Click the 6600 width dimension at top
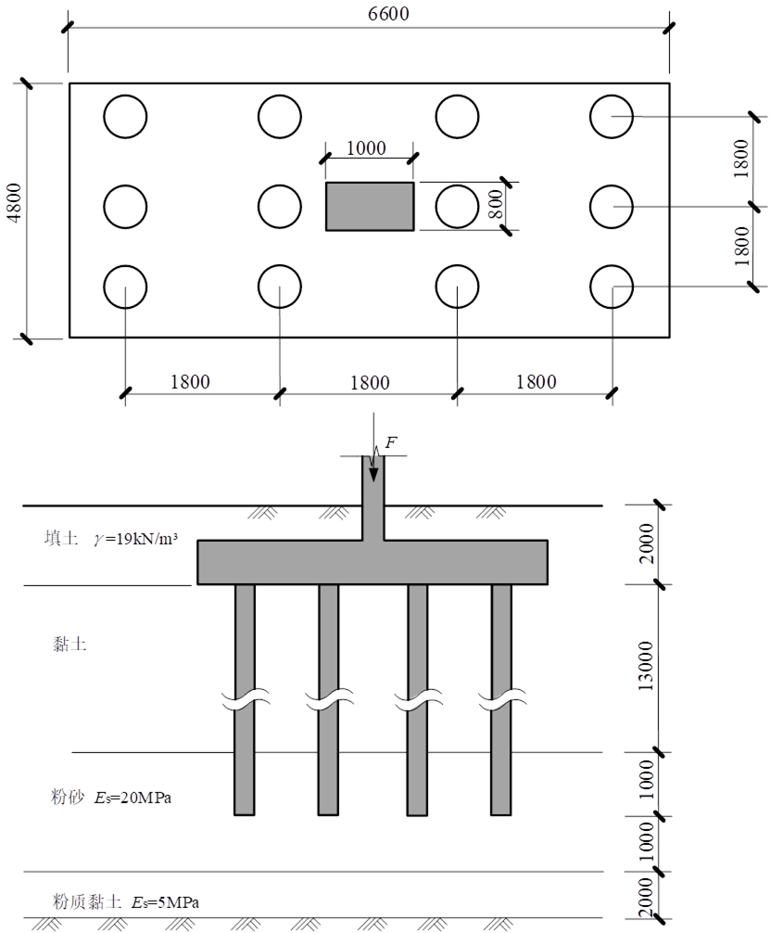[388, 13]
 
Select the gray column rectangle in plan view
[370, 207]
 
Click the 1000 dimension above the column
[366, 147]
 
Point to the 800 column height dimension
[496, 203]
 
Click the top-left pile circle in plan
[125, 96]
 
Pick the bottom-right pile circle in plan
[612, 265]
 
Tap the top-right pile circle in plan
[612, 96]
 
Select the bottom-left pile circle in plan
[125, 265]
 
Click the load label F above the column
[391, 442]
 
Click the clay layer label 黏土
[69, 645]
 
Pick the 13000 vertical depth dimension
[645, 666]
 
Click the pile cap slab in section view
[372, 562]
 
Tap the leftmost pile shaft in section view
[245, 699]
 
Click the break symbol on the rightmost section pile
[502, 699]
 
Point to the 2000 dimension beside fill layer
[645, 543]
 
